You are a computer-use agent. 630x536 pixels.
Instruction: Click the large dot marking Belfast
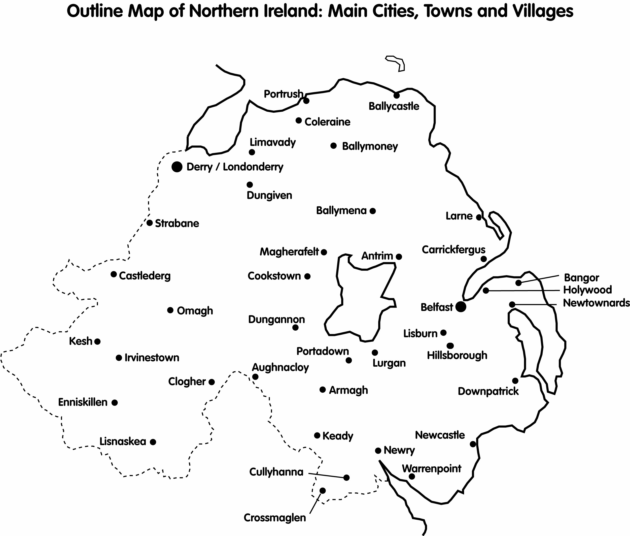(x=461, y=307)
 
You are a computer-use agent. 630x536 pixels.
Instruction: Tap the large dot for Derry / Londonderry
(x=177, y=167)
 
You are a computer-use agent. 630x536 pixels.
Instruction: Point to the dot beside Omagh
(x=170, y=310)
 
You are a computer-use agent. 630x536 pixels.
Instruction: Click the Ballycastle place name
(x=394, y=106)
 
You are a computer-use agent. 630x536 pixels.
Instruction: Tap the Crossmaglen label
(x=275, y=518)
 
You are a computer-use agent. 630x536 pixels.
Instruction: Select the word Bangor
(x=581, y=278)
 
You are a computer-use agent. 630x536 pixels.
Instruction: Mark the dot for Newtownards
(x=512, y=304)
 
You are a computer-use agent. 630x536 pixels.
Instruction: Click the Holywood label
(x=587, y=290)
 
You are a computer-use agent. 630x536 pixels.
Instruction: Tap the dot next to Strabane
(x=150, y=223)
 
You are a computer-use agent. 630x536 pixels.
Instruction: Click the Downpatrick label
(x=488, y=391)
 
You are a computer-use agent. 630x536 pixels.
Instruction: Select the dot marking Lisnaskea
(x=153, y=442)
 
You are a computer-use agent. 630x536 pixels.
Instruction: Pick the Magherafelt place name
(x=289, y=252)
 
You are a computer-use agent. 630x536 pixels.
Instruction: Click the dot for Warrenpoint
(x=412, y=477)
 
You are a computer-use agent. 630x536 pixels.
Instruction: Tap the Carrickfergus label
(x=453, y=250)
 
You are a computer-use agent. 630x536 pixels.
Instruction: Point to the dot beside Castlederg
(x=114, y=274)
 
